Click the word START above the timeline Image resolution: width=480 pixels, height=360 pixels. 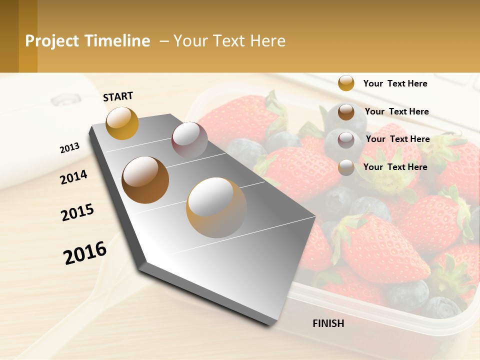118,96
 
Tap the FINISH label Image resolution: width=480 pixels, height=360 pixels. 328,323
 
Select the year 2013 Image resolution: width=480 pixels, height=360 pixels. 69,148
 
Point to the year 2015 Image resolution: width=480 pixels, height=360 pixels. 77,212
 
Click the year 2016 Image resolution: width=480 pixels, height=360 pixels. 85,252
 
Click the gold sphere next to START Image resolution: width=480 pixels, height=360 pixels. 122,123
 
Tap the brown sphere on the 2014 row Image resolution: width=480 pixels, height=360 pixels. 145,180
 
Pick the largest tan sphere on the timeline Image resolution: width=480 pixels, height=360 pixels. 216,207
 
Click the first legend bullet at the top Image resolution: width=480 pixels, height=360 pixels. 346,83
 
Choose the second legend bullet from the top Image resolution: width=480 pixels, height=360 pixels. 346,112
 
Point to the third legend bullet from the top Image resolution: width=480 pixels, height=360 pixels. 346,139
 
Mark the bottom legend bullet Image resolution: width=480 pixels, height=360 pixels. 346,167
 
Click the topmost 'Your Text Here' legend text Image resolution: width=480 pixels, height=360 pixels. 395,83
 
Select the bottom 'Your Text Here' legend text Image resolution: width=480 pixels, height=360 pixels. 395,167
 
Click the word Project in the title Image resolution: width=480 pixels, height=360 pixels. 52,41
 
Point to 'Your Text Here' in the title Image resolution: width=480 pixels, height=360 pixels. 229,41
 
